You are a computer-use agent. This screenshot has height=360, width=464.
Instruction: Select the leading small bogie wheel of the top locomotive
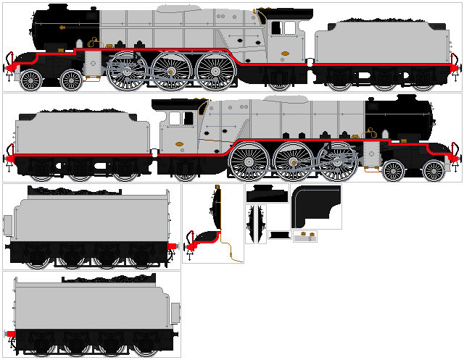point(31,79)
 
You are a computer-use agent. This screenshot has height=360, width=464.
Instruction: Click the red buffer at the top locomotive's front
point(10,58)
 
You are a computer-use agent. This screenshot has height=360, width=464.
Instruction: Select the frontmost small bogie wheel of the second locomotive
point(434,172)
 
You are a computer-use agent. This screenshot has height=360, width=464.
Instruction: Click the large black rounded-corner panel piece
point(315,203)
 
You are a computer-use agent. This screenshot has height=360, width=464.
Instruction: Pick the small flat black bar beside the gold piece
point(279,234)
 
